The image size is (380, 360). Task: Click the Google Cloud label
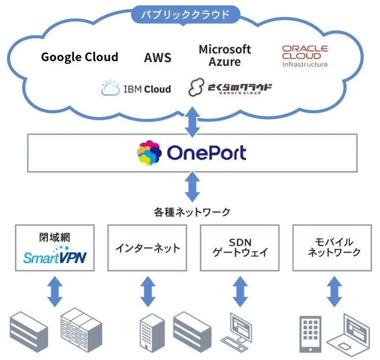(80, 57)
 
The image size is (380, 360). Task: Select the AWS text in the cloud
(158, 58)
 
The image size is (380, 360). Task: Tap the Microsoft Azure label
(224, 56)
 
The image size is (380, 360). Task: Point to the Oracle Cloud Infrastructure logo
(305, 56)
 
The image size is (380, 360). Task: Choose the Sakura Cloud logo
(230, 88)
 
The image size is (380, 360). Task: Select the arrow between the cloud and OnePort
(192, 121)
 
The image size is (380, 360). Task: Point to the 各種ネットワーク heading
(192, 211)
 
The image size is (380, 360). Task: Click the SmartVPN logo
(55, 256)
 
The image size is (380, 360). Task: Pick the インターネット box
(147, 248)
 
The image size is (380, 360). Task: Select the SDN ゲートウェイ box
(240, 248)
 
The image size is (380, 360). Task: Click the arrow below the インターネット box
(147, 291)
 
